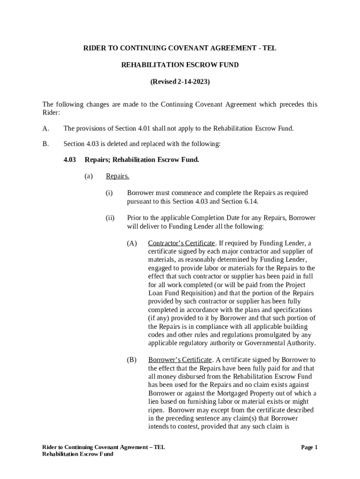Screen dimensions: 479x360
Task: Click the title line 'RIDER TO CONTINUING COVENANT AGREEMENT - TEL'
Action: (180, 48)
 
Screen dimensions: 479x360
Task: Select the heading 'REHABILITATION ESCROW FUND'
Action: (180, 65)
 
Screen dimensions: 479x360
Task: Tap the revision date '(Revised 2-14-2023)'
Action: (180, 82)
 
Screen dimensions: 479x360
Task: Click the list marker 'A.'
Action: (45, 128)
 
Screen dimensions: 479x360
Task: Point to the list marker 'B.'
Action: (45, 144)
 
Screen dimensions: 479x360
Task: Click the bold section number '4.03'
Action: (70, 160)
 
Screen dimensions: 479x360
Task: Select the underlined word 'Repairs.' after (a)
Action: (117, 176)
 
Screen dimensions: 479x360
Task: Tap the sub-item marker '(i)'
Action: (109, 193)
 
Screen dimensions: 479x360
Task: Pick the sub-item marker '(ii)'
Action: (110, 218)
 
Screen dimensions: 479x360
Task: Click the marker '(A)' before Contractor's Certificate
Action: (131, 243)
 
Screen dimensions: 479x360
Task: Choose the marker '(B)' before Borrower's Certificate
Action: (131, 360)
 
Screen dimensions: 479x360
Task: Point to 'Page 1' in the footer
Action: (309, 448)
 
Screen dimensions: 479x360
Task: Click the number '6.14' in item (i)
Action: (251, 202)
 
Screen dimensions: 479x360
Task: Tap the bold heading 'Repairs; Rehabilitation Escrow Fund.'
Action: (142, 160)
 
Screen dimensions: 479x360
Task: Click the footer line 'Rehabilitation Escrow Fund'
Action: (78, 454)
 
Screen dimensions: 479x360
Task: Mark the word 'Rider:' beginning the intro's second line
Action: (51, 113)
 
